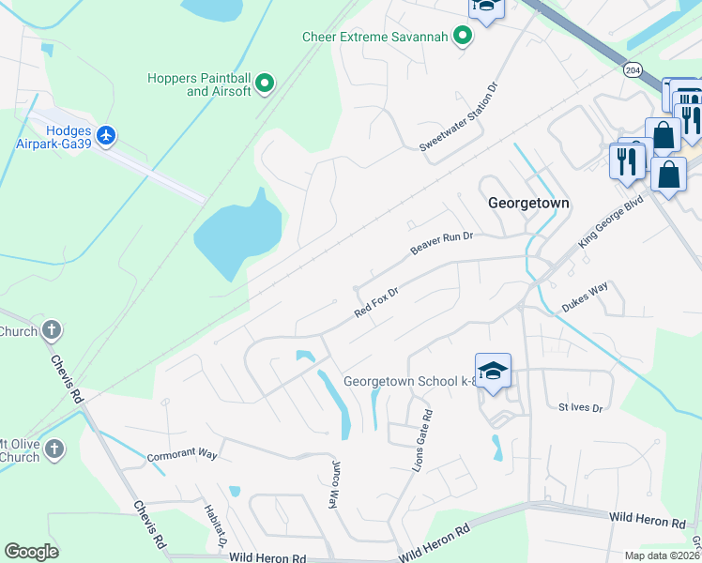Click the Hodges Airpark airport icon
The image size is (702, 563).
point(105,136)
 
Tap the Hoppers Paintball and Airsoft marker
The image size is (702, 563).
point(265,84)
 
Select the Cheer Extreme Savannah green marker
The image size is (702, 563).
point(463,37)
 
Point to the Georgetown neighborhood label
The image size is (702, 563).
point(529,203)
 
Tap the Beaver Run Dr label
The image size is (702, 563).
point(439,243)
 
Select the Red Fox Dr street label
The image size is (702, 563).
point(376,302)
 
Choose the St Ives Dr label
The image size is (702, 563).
point(578,406)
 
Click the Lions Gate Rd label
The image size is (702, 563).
point(427,440)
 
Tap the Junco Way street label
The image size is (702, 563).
point(334,483)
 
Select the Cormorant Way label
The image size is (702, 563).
point(182,456)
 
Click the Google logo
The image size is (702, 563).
point(31,551)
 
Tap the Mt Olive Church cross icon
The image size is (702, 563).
point(53,449)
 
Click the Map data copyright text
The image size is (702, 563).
point(661,555)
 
